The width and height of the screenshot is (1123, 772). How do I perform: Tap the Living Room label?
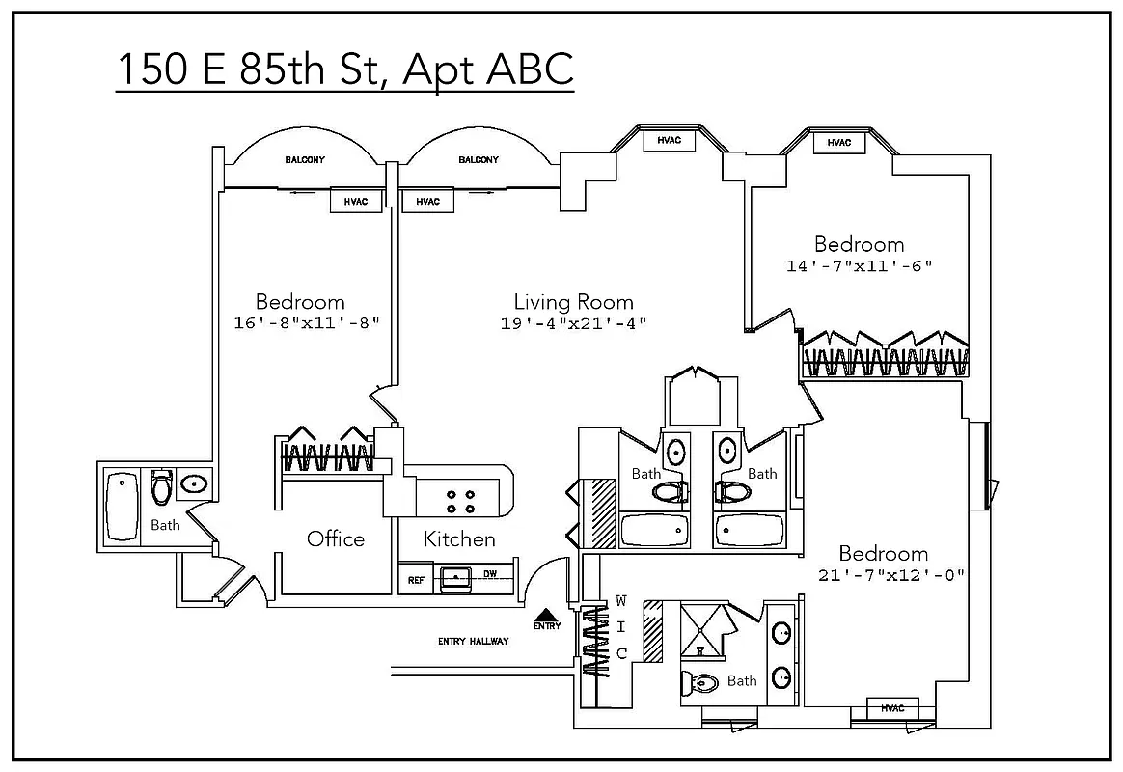click(x=573, y=302)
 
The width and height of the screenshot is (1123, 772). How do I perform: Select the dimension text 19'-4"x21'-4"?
click(x=573, y=324)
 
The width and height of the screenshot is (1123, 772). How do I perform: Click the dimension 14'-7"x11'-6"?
click(x=859, y=265)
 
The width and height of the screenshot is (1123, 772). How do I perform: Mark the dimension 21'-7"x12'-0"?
click(x=890, y=575)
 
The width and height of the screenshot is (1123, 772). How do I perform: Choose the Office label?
click(x=336, y=538)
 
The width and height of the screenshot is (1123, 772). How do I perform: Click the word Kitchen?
click(x=460, y=539)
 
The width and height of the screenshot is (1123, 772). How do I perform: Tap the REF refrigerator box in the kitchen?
click(x=416, y=580)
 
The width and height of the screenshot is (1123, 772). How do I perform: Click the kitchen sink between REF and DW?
click(x=454, y=579)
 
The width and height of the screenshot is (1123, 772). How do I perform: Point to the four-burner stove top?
click(x=459, y=501)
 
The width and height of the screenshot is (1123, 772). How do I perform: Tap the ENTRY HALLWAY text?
click(x=473, y=642)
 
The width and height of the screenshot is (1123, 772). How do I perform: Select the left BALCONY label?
click(x=304, y=160)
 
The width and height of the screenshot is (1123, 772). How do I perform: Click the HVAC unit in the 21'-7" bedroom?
click(x=892, y=709)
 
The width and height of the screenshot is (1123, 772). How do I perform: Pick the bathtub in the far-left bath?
click(x=122, y=506)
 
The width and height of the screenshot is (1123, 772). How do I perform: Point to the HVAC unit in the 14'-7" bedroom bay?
click(x=838, y=143)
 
